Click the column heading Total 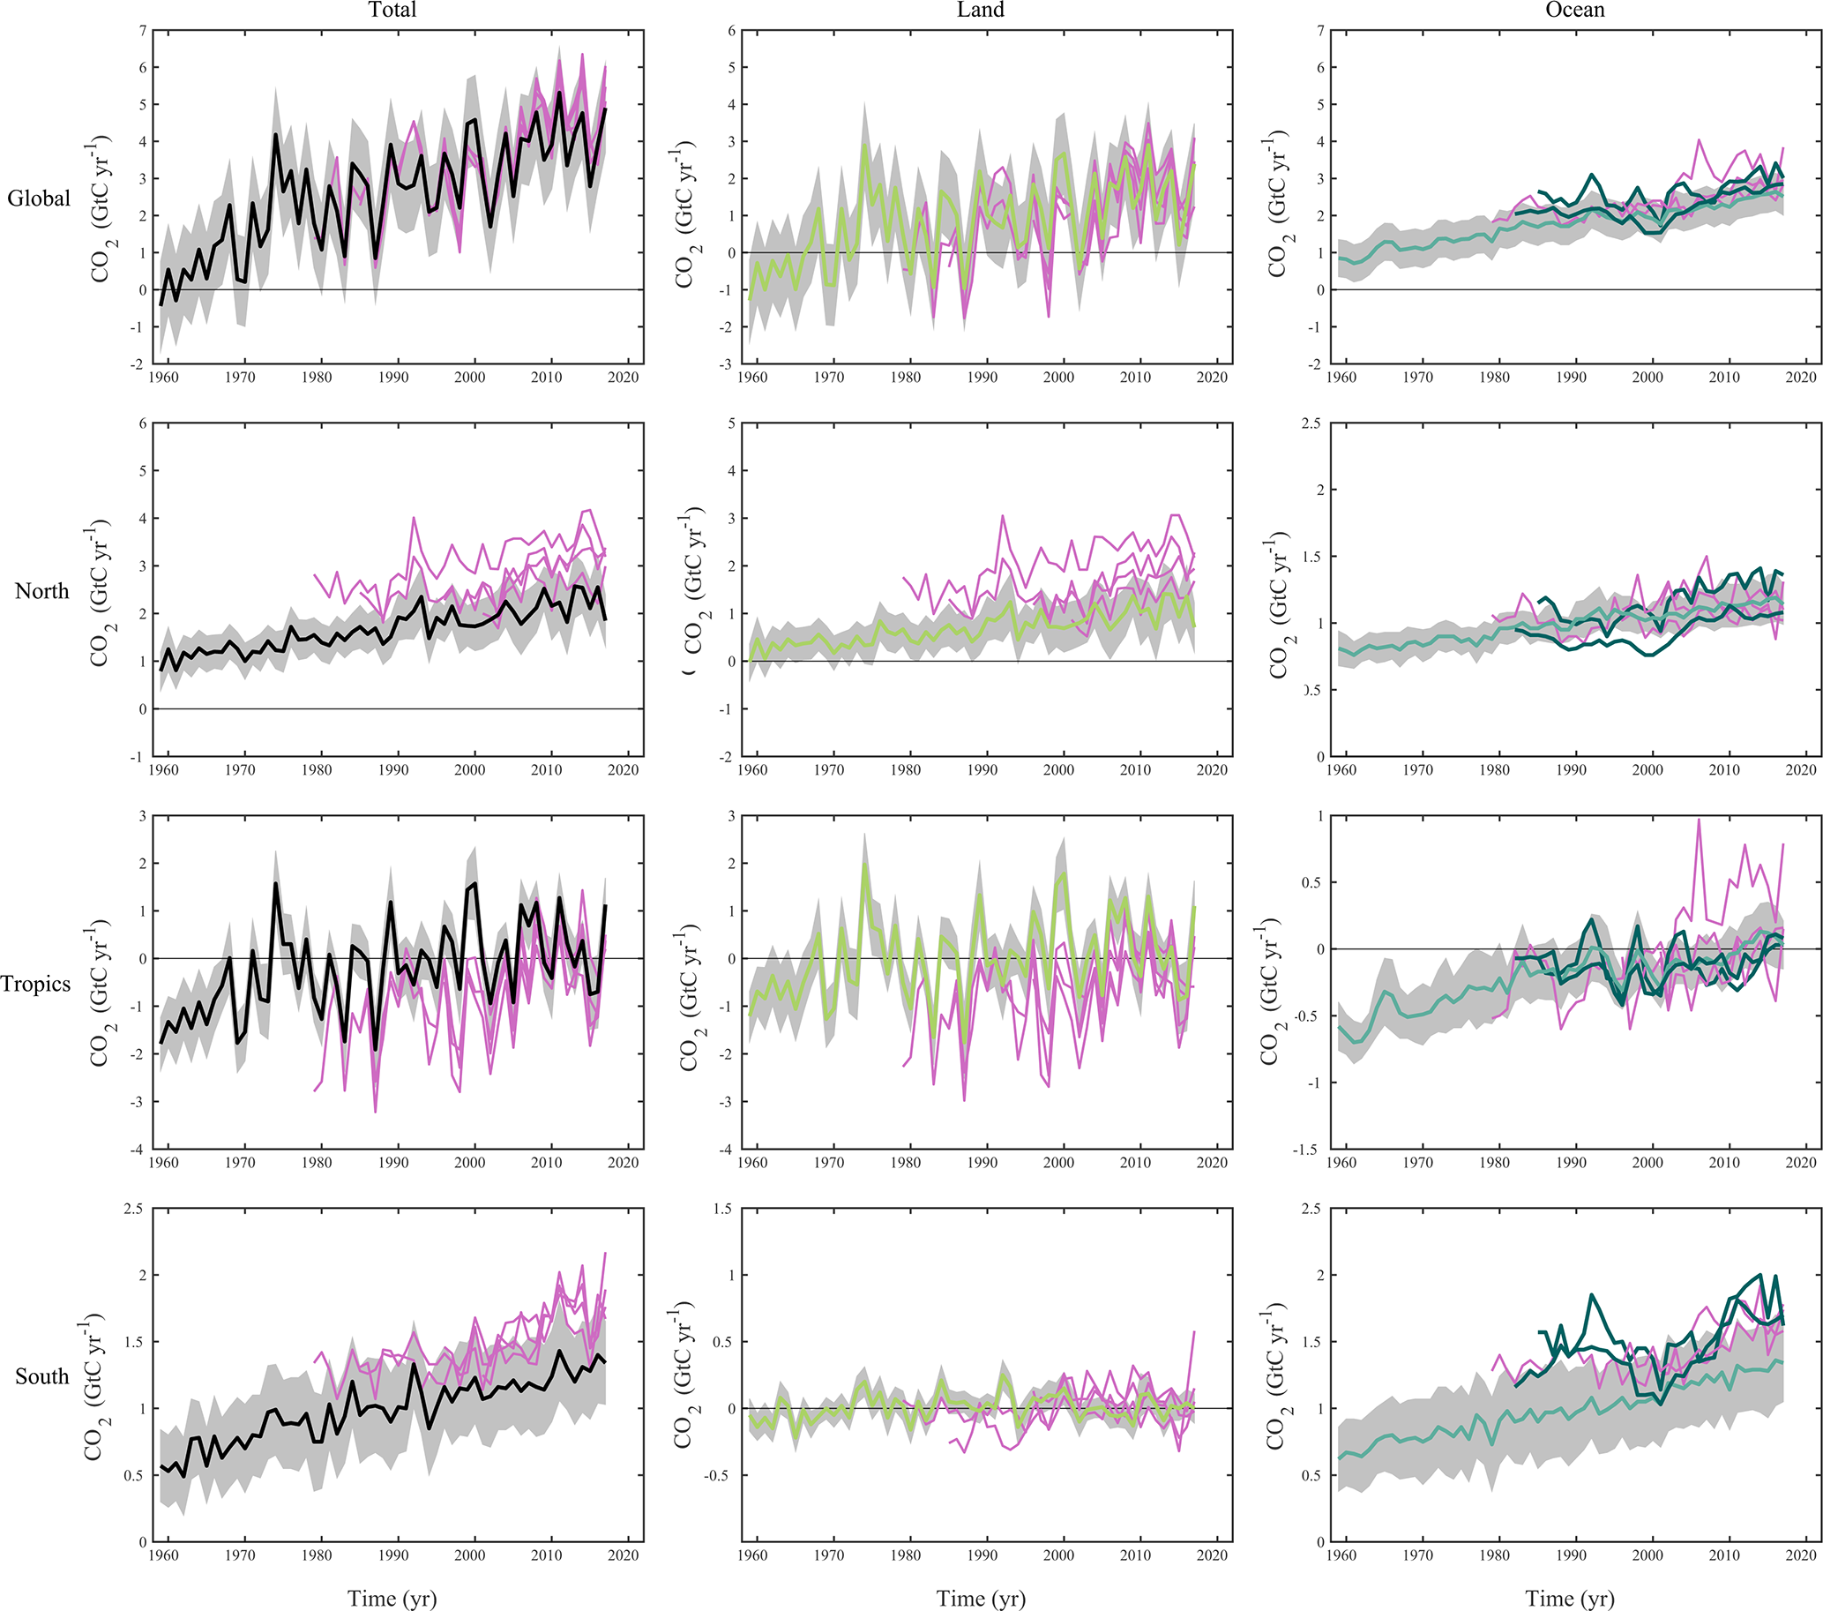(x=392, y=11)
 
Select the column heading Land (x=980, y=11)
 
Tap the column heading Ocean (x=1574, y=11)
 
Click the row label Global (x=38, y=198)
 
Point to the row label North (x=42, y=590)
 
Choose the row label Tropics (x=35, y=983)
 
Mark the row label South (x=42, y=1375)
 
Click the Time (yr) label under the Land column (x=981, y=1598)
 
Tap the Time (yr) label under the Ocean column (x=1570, y=1598)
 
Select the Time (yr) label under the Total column (x=392, y=1598)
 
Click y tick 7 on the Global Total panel (x=143, y=31)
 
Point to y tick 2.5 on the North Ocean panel (x=1311, y=423)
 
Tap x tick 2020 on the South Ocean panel (x=1801, y=1555)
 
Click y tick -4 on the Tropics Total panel (x=137, y=1150)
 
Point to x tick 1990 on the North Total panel (x=393, y=770)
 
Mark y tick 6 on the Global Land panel (x=732, y=31)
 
